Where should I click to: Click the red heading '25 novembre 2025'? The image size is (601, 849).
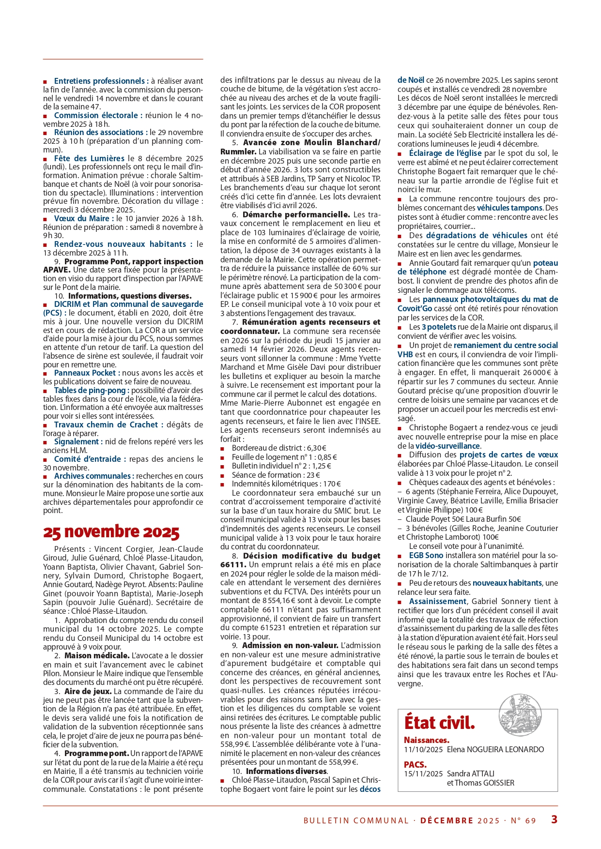(111, 532)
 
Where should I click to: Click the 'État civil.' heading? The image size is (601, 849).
(439, 723)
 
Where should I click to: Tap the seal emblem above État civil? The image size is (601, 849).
(520, 715)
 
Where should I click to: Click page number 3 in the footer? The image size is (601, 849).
(554, 819)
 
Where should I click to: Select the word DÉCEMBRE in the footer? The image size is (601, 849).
(447, 820)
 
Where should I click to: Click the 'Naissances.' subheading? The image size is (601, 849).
(426, 740)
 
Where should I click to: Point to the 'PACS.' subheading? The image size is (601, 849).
(415, 765)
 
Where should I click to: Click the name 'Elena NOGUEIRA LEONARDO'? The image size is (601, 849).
(495, 749)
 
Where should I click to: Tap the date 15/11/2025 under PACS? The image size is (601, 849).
(423, 773)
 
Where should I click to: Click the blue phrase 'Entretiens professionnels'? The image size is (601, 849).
(99, 81)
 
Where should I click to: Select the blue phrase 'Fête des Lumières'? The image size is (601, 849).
(89, 158)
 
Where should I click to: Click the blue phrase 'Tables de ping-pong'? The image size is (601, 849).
(91, 390)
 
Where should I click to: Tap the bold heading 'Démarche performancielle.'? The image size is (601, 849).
(296, 214)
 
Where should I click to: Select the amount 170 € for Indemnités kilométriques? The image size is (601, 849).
(332, 484)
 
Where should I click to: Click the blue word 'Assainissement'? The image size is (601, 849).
(438, 601)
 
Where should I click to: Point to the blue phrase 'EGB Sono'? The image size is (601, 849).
(426, 555)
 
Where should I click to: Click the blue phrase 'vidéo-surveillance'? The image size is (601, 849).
(447, 446)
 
